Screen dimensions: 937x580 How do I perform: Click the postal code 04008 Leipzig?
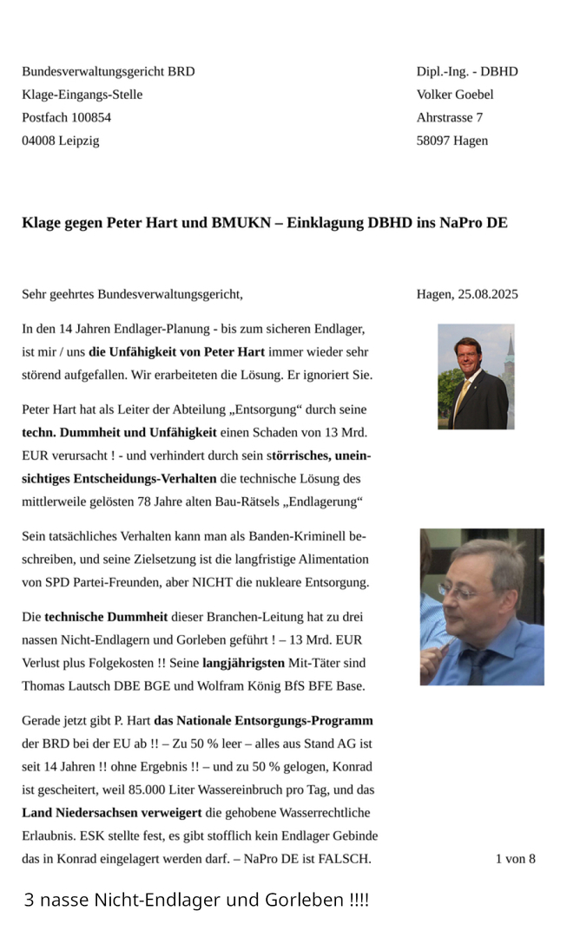pyautogui.click(x=61, y=141)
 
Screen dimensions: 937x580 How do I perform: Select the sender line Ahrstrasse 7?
pyautogui.click(x=450, y=117)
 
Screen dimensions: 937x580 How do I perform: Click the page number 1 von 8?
pyautogui.click(x=515, y=859)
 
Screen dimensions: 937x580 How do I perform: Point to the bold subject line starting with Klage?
pyautogui.click(x=264, y=222)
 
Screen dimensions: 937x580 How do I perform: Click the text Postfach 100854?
pyautogui.click(x=67, y=117)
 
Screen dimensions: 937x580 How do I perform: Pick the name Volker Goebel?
pyautogui.click(x=455, y=95)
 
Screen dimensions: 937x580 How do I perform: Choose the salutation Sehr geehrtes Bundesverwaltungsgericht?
pyautogui.click(x=132, y=294)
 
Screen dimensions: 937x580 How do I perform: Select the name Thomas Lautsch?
pyautogui.click(x=62, y=686)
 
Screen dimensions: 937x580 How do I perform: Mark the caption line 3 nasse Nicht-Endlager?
pyautogui.click(x=196, y=900)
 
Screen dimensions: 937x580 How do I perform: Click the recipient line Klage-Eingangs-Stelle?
pyautogui.click(x=82, y=95)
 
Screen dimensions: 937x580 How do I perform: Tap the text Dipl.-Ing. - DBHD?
pyautogui.click(x=467, y=71)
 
